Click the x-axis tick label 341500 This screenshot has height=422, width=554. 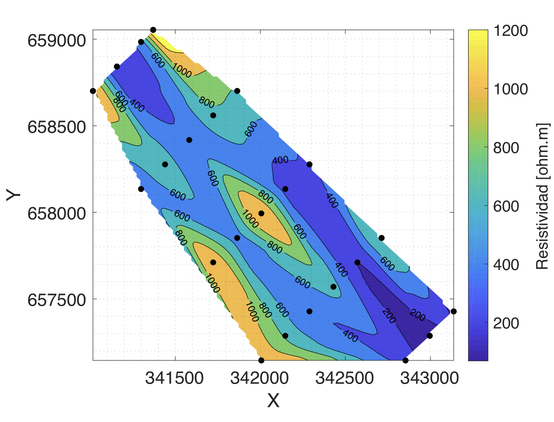pyautogui.click(x=174, y=378)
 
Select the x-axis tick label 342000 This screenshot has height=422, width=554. pyautogui.click(x=259, y=378)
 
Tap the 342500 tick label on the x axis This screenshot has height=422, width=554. pyautogui.click(x=344, y=378)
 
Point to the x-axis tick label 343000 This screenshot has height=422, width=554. pyautogui.click(x=430, y=378)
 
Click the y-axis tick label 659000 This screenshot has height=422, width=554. pyautogui.click(x=57, y=41)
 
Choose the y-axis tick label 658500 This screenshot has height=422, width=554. pyautogui.click(x=57, y=127)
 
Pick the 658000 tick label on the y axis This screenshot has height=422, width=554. pyautogui.click(x=57, y=214)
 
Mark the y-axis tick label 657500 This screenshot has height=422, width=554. pyautogui.click(x=57, y=300)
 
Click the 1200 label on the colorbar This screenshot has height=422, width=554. pyautogui.click(x=511, y=31)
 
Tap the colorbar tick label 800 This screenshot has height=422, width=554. pyautogui.click(x=506, y=148)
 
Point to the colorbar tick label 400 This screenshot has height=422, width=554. pyautogui.click(x=506, y=265)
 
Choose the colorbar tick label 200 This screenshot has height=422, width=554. pyautogui.click(x=506, y=323)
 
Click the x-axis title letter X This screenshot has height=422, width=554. pyautogui.click(x=273, y=401)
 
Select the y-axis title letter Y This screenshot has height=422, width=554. pyautogui.click(x=13, y=195)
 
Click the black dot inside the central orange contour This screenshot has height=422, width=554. pyautogui.click(x=261, y=214)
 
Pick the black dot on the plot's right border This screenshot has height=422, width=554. pyautogui.click(x=453, y=311)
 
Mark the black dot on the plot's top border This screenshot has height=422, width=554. pyautogui.click(x=153, y=30)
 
